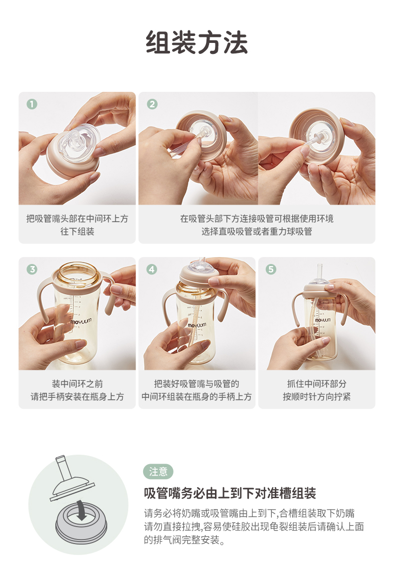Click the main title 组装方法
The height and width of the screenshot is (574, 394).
pos(197,42)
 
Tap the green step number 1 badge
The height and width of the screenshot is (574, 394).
pos(32,104)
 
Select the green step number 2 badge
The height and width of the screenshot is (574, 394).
pos(152,104)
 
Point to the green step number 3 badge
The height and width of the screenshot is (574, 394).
pos(32,270)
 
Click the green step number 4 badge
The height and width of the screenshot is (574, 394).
pos(152,270)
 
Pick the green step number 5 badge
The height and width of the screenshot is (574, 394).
pos(271,270)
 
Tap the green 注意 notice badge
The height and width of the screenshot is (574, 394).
pos(158,472)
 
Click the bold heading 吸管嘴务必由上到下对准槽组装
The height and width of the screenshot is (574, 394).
pos(230,493)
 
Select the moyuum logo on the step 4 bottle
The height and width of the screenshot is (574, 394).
pos(197,325)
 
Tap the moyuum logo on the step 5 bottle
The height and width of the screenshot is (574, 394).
pos(323,320)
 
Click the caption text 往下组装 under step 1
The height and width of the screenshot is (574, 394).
pos(77,232)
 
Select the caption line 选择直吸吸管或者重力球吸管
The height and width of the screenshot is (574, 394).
pos(257,232)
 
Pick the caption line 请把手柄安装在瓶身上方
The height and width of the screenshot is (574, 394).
pos(77,396)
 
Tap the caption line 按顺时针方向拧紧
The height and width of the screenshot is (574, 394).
pos(317,396)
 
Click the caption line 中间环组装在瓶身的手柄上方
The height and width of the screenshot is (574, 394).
pos(197,396)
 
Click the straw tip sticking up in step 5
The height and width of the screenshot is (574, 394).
pos(320,272)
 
